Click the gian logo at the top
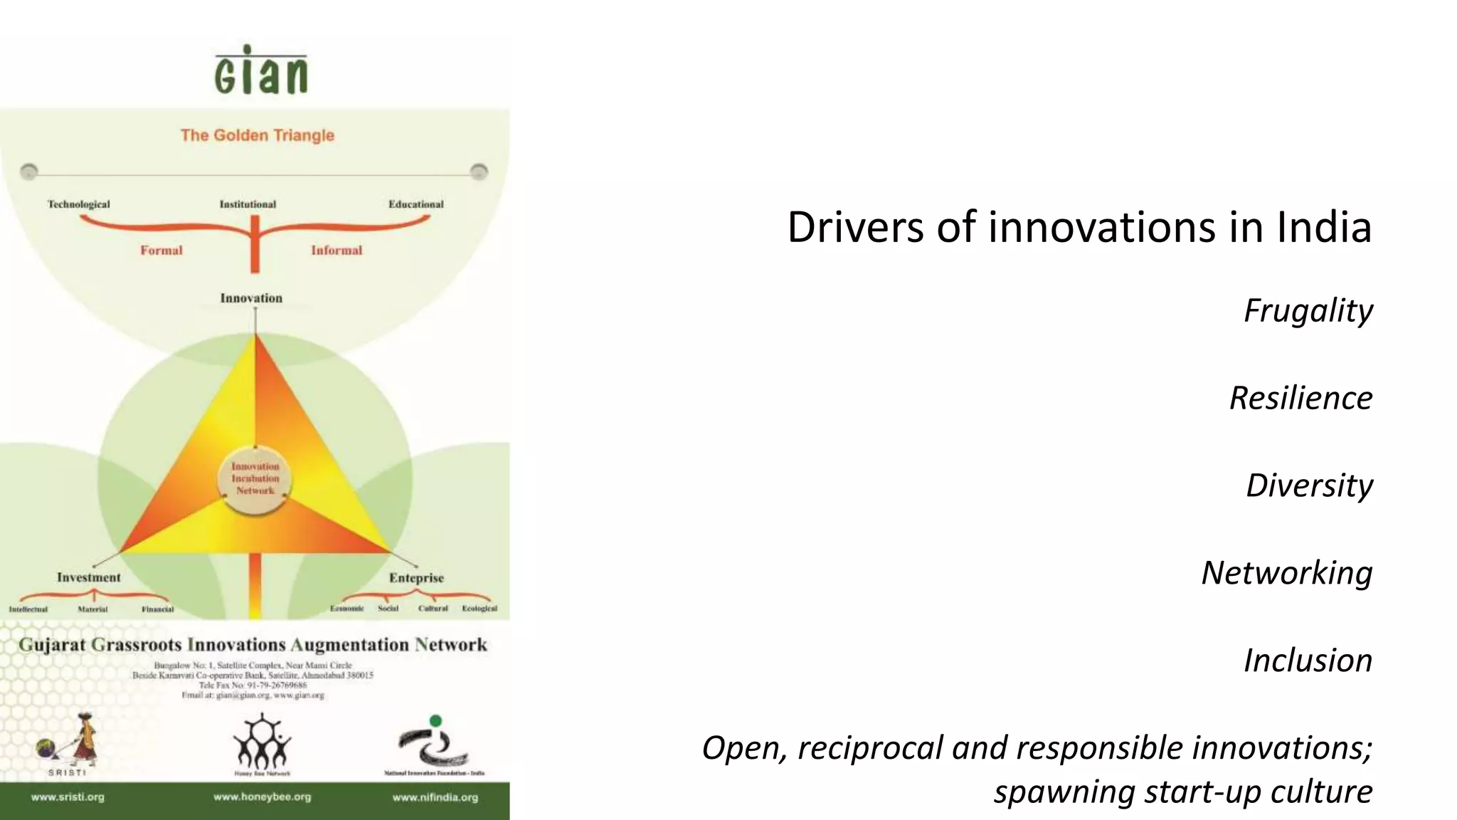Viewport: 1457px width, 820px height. tap(260, 70)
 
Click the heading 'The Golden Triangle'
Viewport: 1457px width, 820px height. tap(257, 135)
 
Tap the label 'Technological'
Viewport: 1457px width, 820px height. tap(79, 204)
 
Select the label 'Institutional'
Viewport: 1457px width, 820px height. tap(248, 204)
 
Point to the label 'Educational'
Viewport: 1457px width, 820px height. tap(415, 204)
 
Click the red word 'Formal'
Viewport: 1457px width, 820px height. tap(161, 251)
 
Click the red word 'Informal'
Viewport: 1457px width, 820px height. tap(337, 251)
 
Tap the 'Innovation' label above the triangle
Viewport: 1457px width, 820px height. tap(251, 298)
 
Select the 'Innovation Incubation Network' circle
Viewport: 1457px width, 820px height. tap(255, 478)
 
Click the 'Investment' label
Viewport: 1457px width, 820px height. tap(89, 577)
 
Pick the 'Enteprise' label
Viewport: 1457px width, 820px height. tap(416, 578)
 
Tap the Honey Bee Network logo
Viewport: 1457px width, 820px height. tap(262, 744)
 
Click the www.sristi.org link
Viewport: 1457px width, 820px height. tap(68, 797)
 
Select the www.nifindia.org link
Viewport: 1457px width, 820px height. tap(435, 797)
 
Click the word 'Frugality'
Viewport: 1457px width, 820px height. tap(1308, 310)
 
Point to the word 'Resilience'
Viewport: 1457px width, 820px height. tap(1300, 398)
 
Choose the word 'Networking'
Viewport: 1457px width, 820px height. tap(1286, 573)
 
